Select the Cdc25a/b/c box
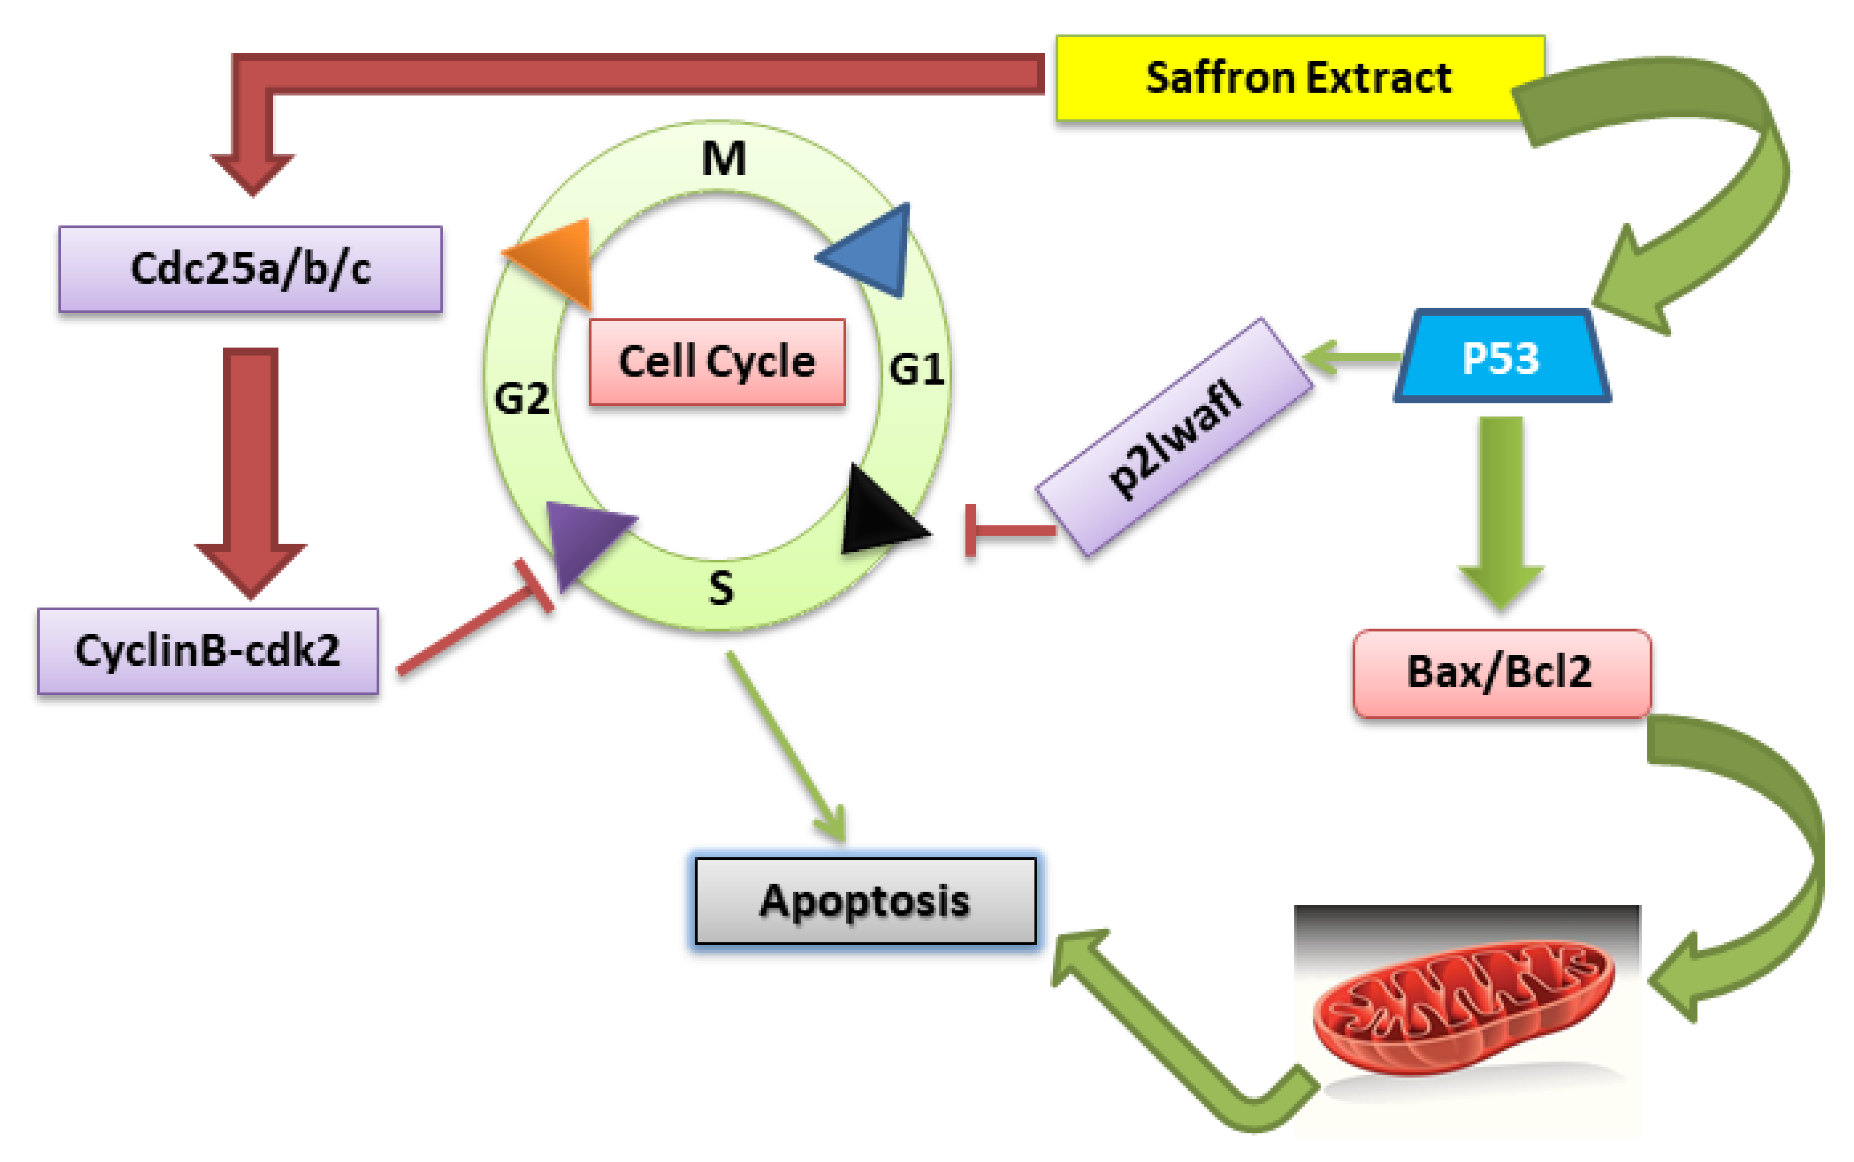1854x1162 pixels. coord(250,269)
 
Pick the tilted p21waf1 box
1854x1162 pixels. coord(1174,437)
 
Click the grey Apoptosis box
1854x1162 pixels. coord(865,901)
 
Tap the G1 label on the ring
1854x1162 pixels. coord(916,370)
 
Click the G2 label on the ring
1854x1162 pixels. coord(522,398)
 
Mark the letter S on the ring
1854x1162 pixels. coord(721,589)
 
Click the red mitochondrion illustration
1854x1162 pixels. coord(1464,1007)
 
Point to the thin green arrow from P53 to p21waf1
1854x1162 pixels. coord(1352,356)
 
